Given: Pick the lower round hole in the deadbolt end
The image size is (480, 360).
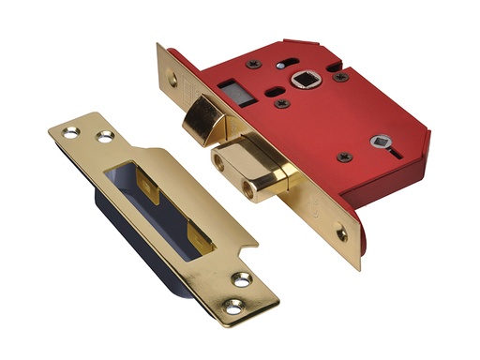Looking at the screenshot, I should pyautogui.click(x=248, y=191).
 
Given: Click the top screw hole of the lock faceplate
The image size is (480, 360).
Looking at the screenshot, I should pyautogui.click(x=172, y=82).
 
